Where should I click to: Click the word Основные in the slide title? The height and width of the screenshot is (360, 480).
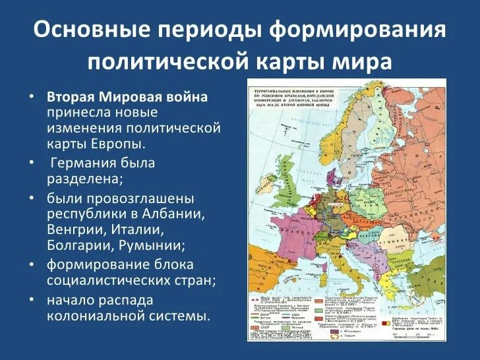(x=87, y=32)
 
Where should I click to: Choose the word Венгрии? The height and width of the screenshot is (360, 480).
(x=76, y=230)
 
